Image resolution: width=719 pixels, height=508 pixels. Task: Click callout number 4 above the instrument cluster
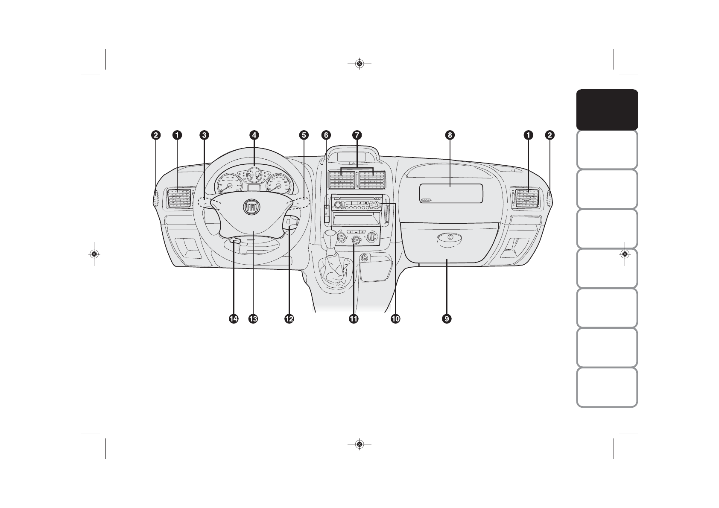coord(254,135)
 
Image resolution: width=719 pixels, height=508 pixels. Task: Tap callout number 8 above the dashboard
coord(449,135)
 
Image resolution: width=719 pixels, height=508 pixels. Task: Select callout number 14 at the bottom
coord(233,318)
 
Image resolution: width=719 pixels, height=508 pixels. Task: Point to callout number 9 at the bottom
coord(447,318)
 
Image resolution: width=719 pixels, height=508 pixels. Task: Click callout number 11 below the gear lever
coord(354,318)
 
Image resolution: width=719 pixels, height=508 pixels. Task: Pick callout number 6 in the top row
coord(326,135)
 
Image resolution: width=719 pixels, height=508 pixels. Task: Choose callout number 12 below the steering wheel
coord(289,318)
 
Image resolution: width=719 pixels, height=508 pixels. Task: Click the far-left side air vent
coord(179,198)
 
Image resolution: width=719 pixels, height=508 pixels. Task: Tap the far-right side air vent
coord(528,198)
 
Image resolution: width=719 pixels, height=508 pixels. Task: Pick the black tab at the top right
coord(607,110)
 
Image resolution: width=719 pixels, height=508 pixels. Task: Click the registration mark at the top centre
coord(359,64)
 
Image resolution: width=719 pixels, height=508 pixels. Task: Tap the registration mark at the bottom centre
coord(359,444)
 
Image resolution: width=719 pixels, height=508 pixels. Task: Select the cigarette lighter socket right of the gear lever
coord(365,258)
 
